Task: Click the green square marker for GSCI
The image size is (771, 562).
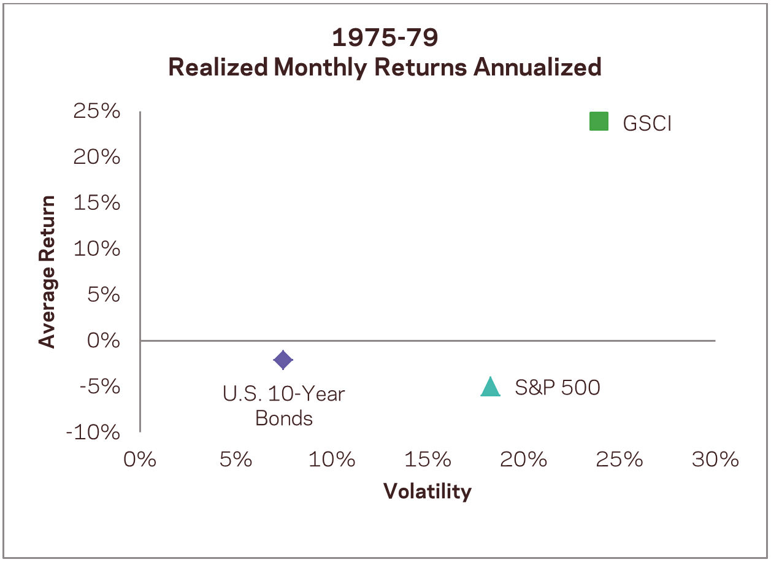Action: [x=599, y=121]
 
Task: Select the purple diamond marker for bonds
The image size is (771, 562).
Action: [x=283, y=360]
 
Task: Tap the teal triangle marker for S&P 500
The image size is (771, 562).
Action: [x=490, y=387]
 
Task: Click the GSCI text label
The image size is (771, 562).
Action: [x=647, y=123]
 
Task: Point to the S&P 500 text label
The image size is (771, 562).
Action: [x=557, y=388]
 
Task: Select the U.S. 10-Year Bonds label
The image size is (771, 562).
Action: [x=284, y=406]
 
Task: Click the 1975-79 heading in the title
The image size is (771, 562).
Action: [x=385, y=38]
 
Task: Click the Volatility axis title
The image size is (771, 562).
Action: [x=428, y=491]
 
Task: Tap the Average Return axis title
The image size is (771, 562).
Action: [x=47, y=272]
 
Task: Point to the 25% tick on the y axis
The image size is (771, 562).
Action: [x=96, y=112]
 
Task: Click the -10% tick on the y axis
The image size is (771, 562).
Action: [x=93, y=433]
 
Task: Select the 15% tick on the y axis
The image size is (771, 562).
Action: [x=96, y=203]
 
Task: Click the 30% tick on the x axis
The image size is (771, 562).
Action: [x=715, y=460]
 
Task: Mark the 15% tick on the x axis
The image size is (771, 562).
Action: [x=428, y=460]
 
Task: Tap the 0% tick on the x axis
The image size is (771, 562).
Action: [x=140, y=460]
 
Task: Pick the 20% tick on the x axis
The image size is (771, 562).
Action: [x=523, y=460]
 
